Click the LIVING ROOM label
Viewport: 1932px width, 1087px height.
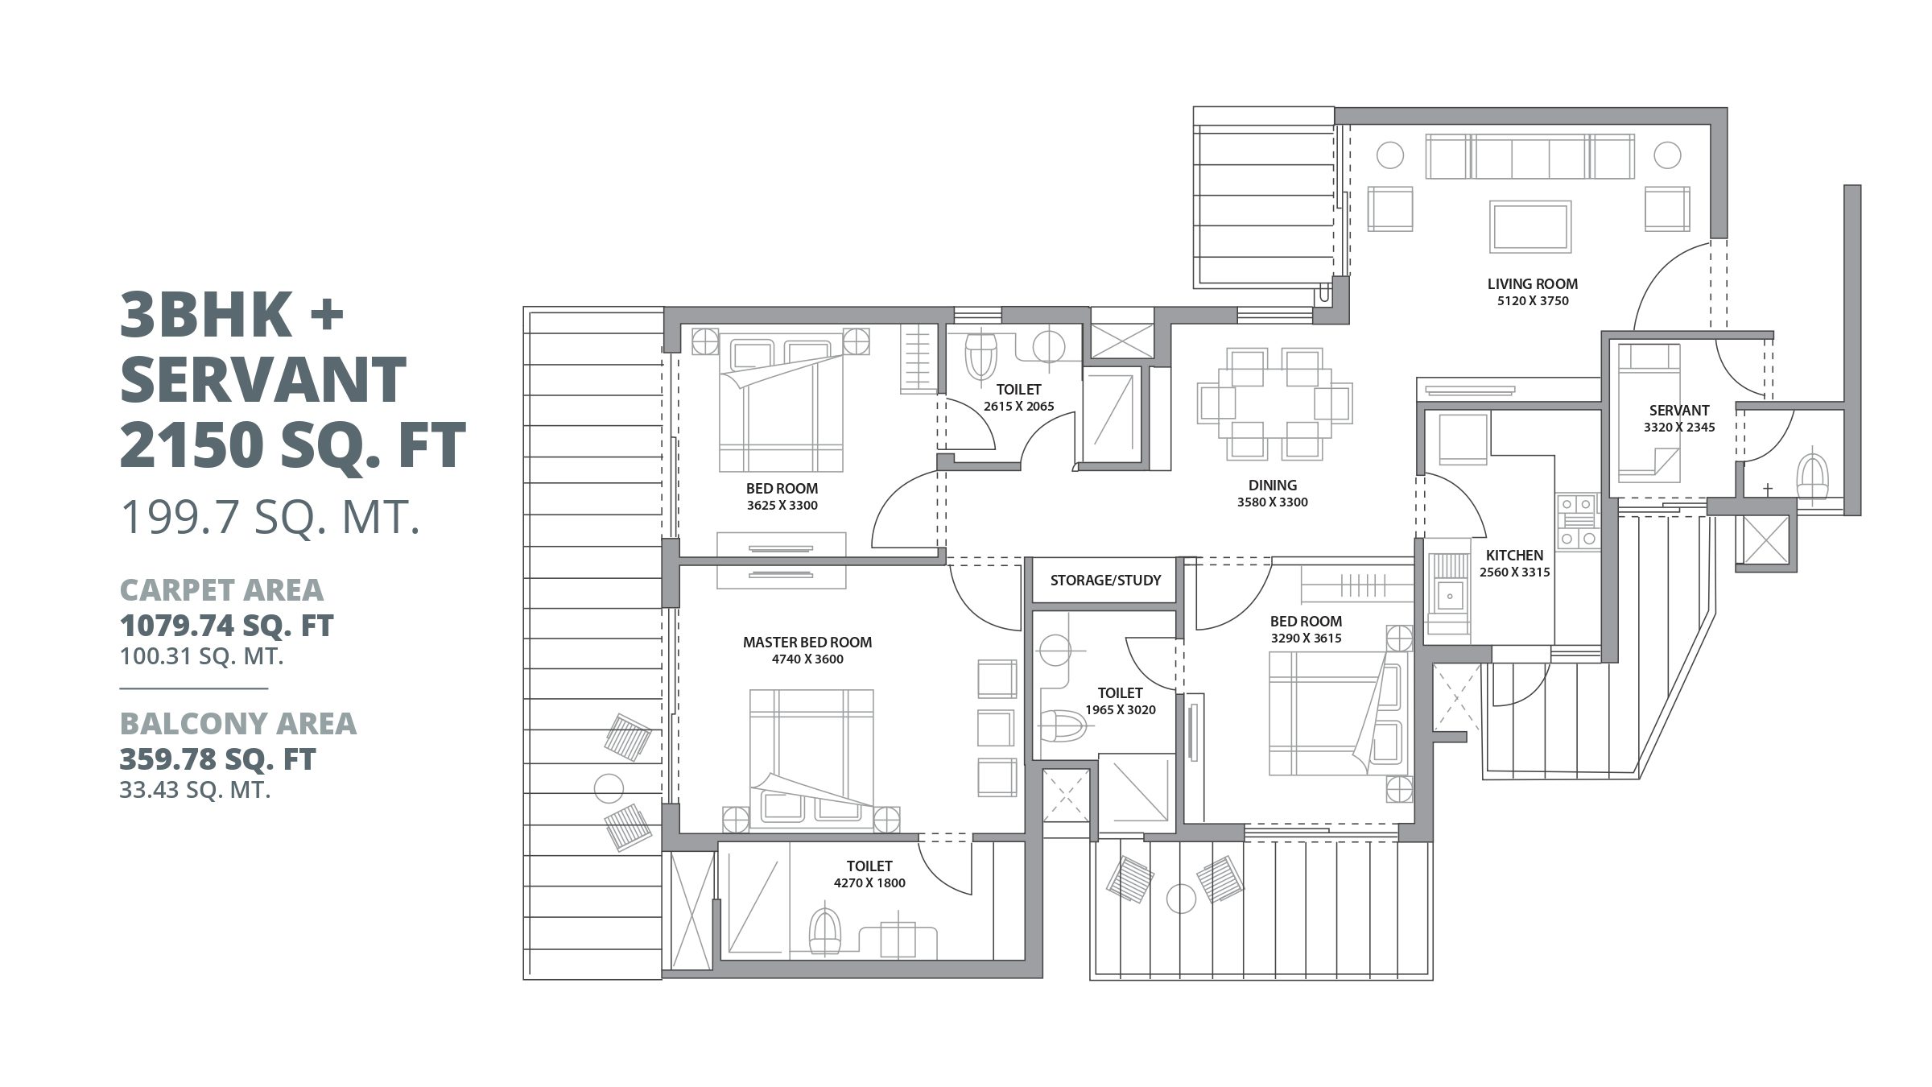point(1532,283)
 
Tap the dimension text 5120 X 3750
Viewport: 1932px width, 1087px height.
point(1532,301)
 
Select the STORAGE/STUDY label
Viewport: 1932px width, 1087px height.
point(1105,580)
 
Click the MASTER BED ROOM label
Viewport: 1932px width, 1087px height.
point(807,642)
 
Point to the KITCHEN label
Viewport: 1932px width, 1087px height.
point(1514,555)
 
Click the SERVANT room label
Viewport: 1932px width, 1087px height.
point(1678,410)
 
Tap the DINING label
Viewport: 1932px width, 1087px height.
point(1272,485)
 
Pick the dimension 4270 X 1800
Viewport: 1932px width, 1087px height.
point(869,882)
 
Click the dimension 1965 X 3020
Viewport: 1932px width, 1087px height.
point(1120,709)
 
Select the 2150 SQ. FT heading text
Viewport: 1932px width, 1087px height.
point(292,444)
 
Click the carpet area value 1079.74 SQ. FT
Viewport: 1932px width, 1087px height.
point(226,625)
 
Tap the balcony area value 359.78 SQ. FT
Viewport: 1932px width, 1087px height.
point(217,758)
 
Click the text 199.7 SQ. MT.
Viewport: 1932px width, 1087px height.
point(270,516)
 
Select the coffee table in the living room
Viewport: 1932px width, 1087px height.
point(1529,226)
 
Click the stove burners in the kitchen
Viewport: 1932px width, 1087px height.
point(1577,522)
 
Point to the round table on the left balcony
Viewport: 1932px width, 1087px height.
point(609,787)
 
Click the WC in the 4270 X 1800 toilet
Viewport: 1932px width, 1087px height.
point(824,934)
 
